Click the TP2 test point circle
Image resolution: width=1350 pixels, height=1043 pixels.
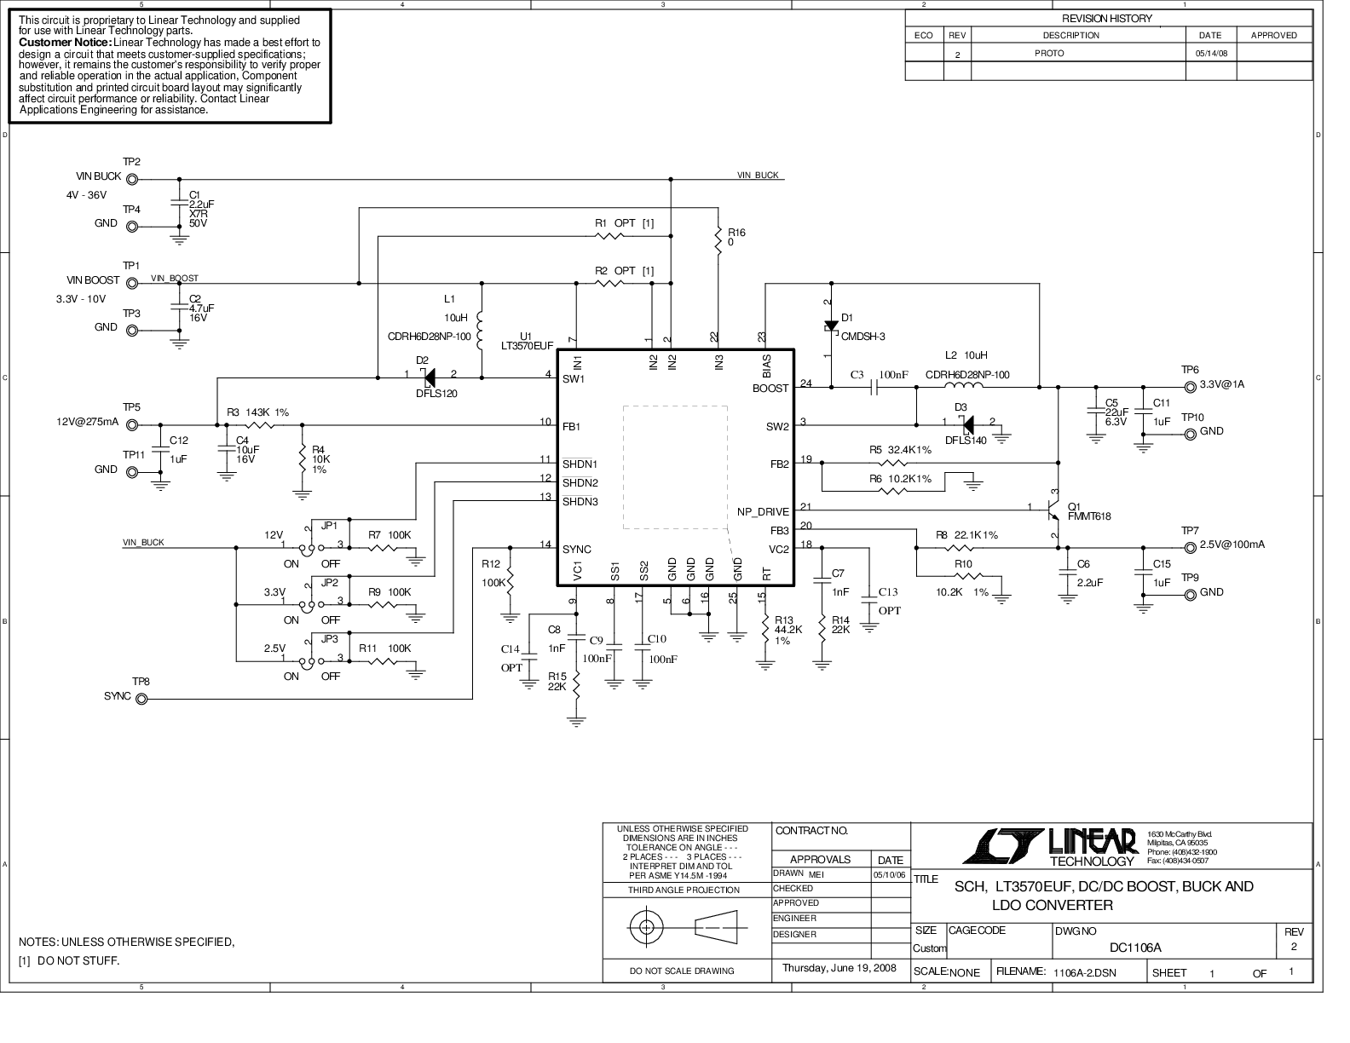click(x=132, y=180)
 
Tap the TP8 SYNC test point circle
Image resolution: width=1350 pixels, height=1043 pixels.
click(x=141, y=700)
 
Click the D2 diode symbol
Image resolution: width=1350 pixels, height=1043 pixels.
click(x=428, y=377)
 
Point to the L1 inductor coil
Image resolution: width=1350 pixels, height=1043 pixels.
click(x=480, y=331)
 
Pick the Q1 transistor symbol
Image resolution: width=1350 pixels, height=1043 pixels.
click(x=1053, y=510)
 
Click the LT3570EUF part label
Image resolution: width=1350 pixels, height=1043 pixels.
click(x=527, y=346)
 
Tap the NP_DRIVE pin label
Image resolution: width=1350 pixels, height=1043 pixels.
click(x=763, y=512)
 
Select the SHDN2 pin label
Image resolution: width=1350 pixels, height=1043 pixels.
click(x=580, y=483)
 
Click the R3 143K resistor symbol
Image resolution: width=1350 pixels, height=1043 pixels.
click(x=260, y=425)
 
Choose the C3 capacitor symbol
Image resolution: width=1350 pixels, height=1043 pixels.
click(x=874, y=388)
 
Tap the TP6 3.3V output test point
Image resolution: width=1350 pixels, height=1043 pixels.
click(x=1191, y=388)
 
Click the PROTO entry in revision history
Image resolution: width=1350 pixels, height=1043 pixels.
click(x=1049, y=54)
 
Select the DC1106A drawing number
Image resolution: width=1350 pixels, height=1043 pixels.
click(x=1135, y=948)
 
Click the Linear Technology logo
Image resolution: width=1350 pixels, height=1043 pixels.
click(x=1050, y=847)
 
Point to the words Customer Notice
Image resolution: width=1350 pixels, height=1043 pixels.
click(x=65, y=43)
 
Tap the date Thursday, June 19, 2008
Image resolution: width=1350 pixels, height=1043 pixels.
click(x=839, y=968)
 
